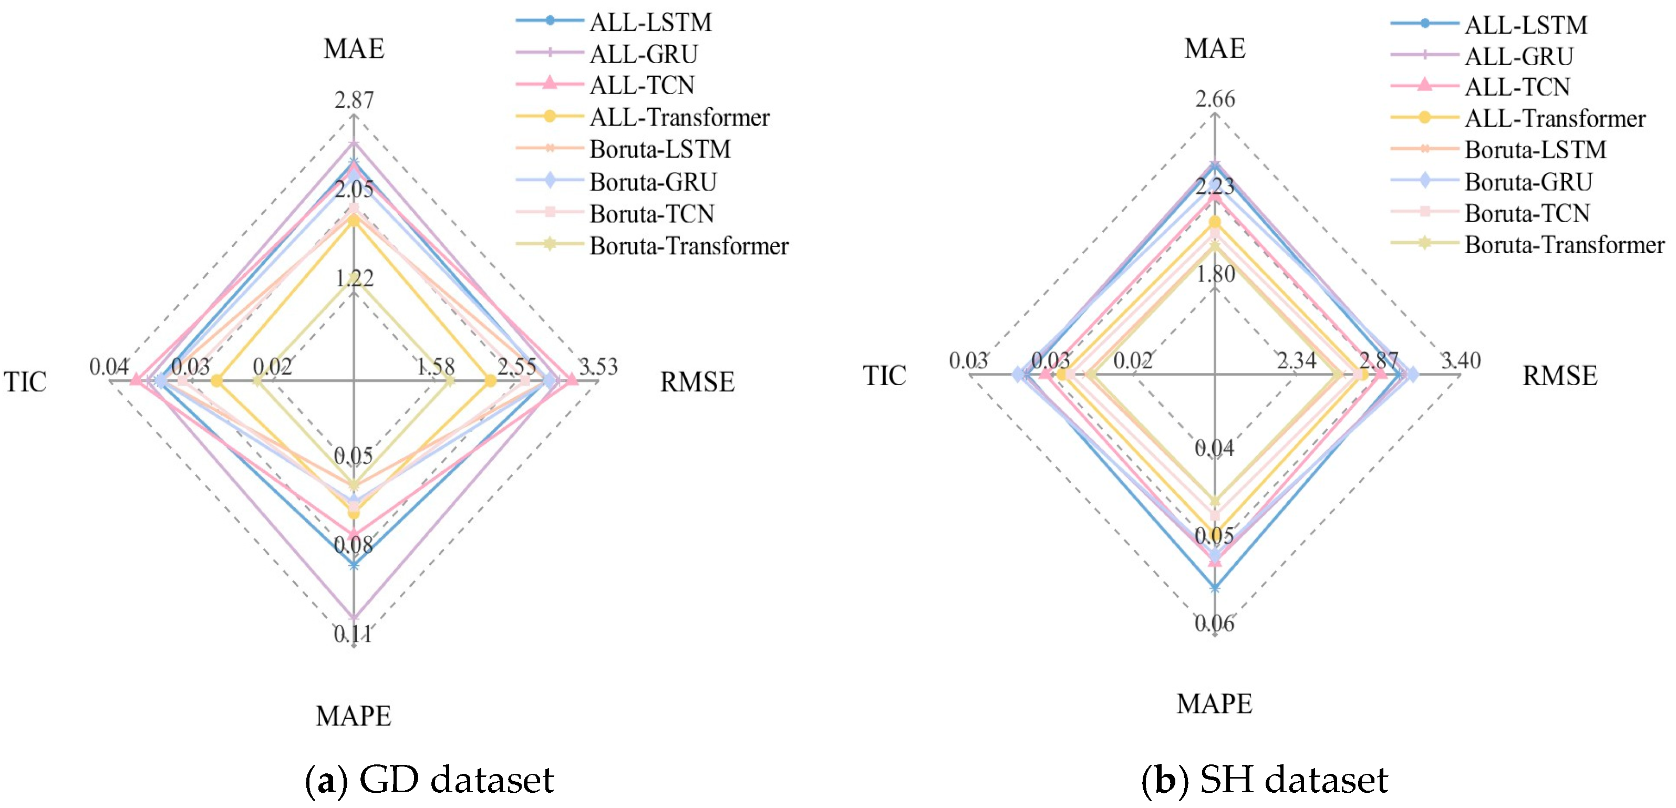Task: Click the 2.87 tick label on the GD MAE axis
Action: (355, 100)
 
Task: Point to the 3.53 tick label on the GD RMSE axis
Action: (598, 366)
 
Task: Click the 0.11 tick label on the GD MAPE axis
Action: (353, 634)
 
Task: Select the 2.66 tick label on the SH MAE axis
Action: (1215, 99)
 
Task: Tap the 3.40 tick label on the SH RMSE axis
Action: (1461, 360)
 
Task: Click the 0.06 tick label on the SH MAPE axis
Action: (1214, 623)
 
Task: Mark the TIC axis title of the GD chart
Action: (25, 382)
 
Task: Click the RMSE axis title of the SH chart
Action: (1559, 376)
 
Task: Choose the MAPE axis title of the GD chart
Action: (353, 716)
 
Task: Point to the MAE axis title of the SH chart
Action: (1215, 49)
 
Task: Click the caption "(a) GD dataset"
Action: (429, 780)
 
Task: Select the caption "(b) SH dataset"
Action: (1264, 780)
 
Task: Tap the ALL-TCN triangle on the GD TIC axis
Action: (136, 380)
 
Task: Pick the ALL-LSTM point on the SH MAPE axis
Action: (1215, 588)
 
